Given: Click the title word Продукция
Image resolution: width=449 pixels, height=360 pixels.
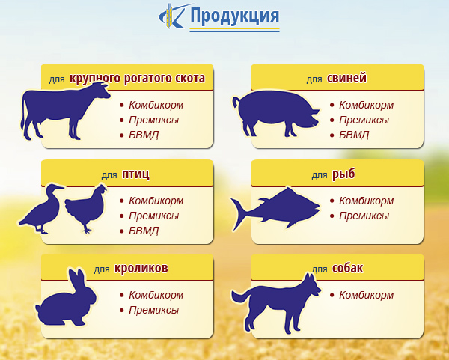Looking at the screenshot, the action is pyautogui.click(x=234, y=16).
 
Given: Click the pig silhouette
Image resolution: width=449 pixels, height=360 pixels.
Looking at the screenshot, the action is pyautogui.click(x=275, y=114).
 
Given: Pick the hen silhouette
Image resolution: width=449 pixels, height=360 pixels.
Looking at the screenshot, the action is pyautogui.click(x=85, y=208).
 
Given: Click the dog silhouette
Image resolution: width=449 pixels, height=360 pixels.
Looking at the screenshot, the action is pyautogui.click(x=275, y=304).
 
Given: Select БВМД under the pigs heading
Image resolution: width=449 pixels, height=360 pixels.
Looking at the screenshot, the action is pyautogui.click(x=354, y=135).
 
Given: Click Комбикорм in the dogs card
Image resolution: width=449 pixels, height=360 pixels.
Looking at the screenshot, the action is pyautogui.click(x=366, y=295).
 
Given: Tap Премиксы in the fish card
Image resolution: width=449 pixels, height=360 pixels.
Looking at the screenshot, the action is pyautogui.click(x=364, y=216).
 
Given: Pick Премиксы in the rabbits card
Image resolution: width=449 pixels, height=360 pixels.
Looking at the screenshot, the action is pyautogui.click(x=153, y=310).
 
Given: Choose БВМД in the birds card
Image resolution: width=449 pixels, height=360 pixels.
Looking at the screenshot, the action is pyautogui.click(x=144, y=231).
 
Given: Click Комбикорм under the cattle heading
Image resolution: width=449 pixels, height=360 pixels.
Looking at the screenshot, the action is pyautogui.click(x=156, y=105).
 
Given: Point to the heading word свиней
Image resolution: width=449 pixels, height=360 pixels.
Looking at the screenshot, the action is pyautogui.click(x=346, y=78).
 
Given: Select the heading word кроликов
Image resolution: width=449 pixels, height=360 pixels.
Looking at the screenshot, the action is pyautogui.click(x=141, y=269).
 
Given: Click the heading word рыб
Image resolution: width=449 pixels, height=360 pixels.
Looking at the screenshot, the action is pyautogui.click(x=343, y=174).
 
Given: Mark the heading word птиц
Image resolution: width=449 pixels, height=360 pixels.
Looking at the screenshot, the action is pyautogui.click(x=135, y=174).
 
